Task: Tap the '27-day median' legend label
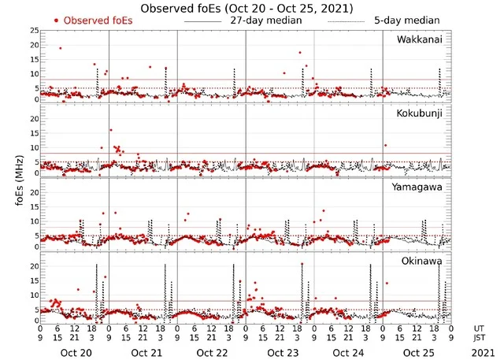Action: click(267, 20)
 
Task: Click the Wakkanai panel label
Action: click(420, 39)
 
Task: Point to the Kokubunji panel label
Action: click(420, 113)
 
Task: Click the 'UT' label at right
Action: click(479, 328)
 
